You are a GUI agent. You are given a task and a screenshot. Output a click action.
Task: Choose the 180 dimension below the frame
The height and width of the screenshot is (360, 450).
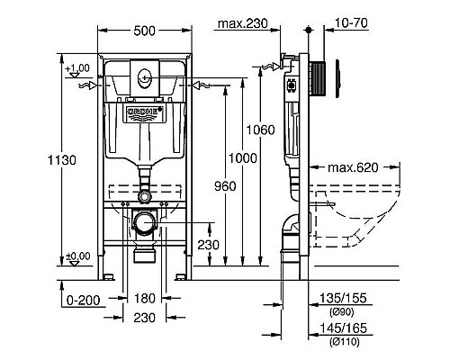click(x=144, y=297)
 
